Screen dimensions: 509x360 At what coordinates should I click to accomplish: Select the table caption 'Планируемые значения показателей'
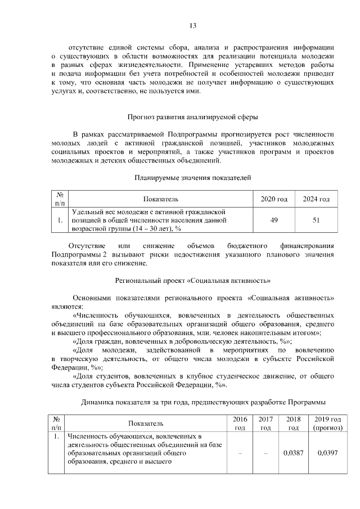point(192,178)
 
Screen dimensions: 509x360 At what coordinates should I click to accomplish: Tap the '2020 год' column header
point(274,199)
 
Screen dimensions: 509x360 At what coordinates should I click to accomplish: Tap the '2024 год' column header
point(316,199)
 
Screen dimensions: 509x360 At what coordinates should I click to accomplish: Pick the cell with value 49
point(274,220)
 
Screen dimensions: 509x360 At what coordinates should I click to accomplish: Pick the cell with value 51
point(316,220)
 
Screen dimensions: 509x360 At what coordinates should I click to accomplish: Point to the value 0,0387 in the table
point(292,453)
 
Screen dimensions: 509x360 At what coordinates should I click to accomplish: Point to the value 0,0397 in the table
point(327,453)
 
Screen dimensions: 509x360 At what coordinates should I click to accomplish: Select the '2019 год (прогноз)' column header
point(327,424)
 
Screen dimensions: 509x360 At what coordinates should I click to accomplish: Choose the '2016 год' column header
point(240,424)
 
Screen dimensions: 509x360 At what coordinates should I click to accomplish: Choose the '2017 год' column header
point(266,424)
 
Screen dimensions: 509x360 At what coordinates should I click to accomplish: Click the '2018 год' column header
point(292,424)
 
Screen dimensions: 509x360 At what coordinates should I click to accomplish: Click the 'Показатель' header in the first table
point(160,199)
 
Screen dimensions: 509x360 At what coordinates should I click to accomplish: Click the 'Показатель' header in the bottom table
point(145,424)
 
